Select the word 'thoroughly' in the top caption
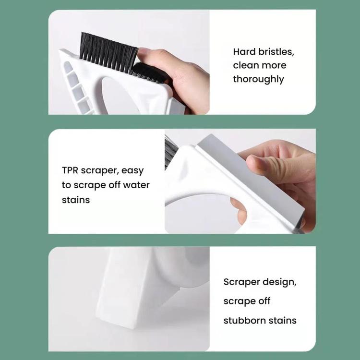point(259,79)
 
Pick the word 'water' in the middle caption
point(137,185)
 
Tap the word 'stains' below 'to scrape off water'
point(76,199)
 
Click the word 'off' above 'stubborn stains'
point(264,301)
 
